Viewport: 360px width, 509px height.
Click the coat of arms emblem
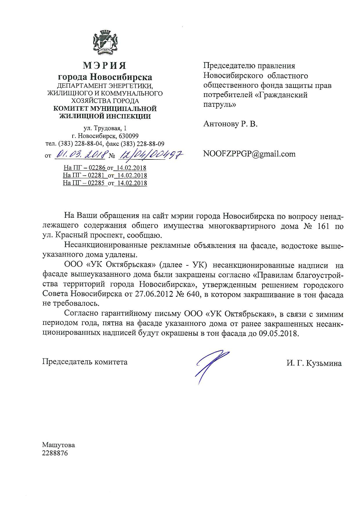pos(105,43)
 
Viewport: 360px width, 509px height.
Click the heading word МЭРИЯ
pos(105,66)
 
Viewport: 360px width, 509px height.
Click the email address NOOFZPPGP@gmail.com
pos(249,154)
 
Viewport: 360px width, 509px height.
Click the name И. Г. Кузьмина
pos(314,363)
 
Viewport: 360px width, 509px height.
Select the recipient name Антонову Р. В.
pos(231,124)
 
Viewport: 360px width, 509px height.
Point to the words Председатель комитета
pos(85,362)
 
